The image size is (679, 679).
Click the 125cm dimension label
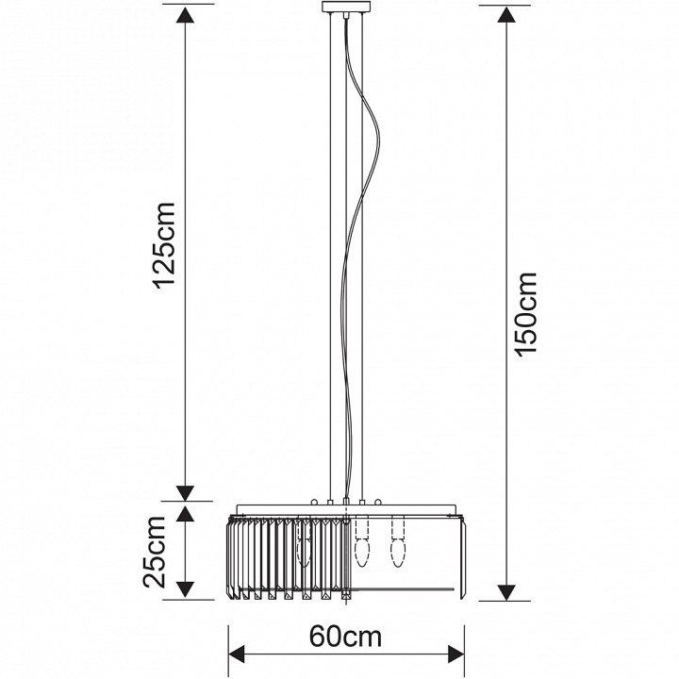click(164, 244)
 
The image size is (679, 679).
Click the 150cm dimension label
click(526, 315)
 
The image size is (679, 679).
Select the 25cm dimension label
click(154, 552)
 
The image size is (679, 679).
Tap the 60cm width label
click(345, 638)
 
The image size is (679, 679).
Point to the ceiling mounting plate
click(346, 7)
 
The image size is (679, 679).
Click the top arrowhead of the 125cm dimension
click(186, 15)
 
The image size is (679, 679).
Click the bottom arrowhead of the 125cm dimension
click(186, 493)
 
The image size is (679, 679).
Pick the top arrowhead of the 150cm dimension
click(506, 15)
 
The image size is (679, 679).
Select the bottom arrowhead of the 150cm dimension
click(506, 592)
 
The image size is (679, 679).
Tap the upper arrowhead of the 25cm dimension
click(186, 513)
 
